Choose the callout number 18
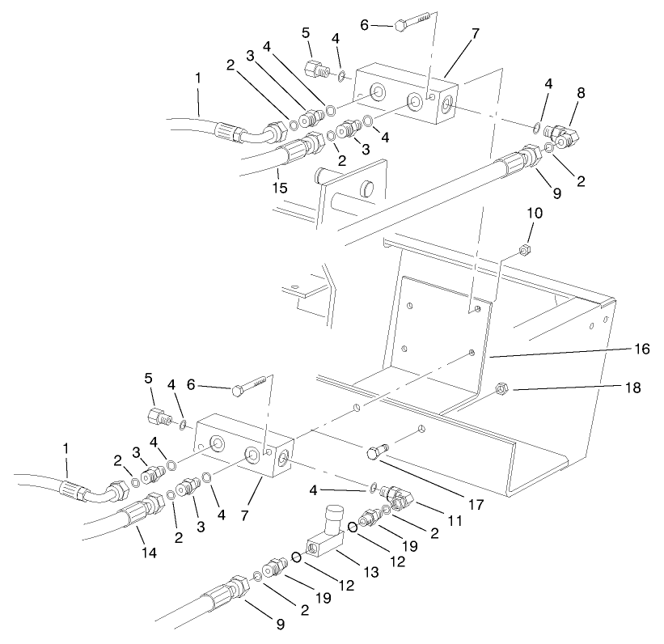click(632, 389)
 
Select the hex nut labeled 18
click(500, 390)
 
